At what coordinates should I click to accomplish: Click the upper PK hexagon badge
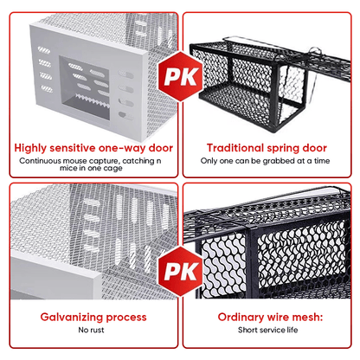click(x=181, y=76)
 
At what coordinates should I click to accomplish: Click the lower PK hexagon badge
click(x=181, y=272)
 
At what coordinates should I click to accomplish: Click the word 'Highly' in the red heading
click(x=30, y=148)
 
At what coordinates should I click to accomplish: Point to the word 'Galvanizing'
click(x=72, y=318)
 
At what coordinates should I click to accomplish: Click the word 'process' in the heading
click(x=126, y=318)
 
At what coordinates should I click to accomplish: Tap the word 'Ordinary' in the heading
click(x=239, y=318)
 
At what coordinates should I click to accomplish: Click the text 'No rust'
click(x=91, y=330)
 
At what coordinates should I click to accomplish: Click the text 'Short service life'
click(x=268, y=330)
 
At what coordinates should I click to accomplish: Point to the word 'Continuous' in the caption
click(x=41, y=161)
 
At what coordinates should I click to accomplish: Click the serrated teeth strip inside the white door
click(x=92, y=100)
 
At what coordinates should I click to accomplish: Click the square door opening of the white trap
click(x=84, y=88)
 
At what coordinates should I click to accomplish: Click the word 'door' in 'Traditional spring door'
click(x=315, y=148)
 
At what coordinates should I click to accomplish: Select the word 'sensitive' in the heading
click(x=73, y=148)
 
